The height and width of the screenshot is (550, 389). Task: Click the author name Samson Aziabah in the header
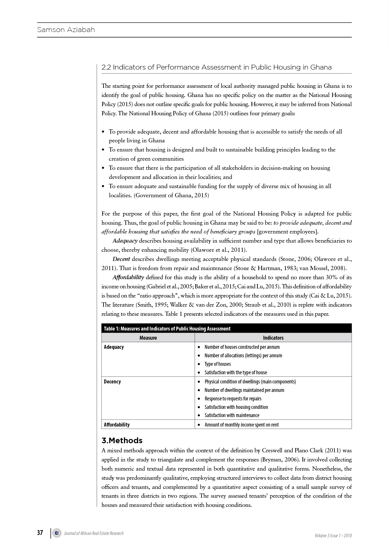click(66, 30)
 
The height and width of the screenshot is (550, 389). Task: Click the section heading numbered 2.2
click(217, 67)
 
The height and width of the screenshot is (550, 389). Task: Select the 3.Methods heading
click(122, 440)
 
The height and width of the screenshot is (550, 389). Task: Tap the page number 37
click(40, 533)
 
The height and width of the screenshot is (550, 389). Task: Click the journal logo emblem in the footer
click(57, 533)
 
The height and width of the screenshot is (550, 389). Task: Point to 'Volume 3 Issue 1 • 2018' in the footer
click(333, 535)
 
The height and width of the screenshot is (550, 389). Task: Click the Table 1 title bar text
click(167, 329)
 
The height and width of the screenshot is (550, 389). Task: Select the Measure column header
click(148, 338)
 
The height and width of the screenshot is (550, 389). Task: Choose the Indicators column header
click(273, 338)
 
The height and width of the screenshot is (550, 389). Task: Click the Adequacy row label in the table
click(114, 347)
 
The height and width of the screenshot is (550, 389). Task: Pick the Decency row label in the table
click(112, 381)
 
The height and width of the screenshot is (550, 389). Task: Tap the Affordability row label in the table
click(117, 425)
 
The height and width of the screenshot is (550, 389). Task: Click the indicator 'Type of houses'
click(218, 364)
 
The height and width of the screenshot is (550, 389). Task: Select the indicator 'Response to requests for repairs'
click(233, 398)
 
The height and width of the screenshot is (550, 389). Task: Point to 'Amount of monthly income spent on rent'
click(242, 425)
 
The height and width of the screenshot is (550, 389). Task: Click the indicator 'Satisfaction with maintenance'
click(232, 415)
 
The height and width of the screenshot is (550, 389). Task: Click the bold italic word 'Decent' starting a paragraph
click(121, 259)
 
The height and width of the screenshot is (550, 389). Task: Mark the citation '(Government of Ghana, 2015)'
click(172, 195)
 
